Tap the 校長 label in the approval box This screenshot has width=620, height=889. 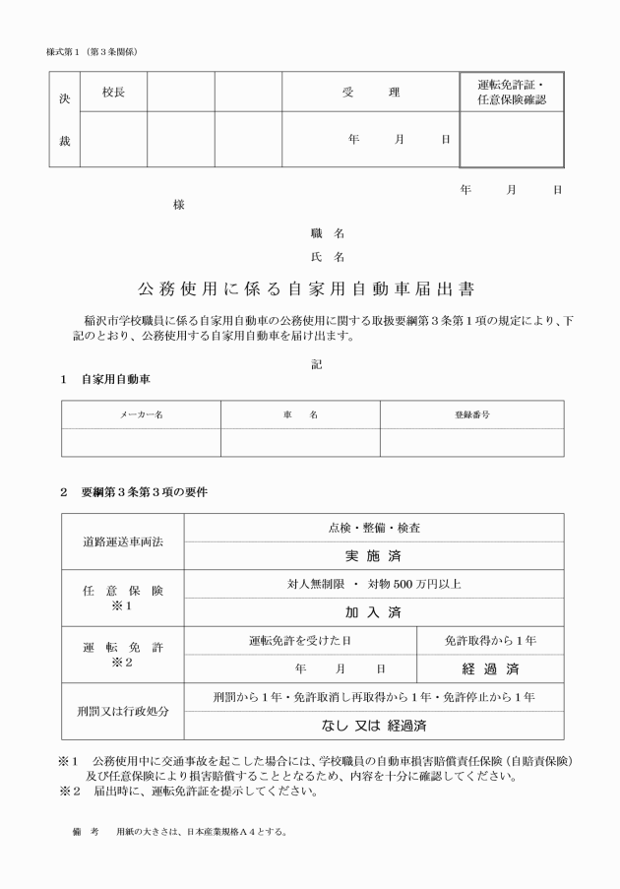113,93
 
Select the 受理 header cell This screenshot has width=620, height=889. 371,93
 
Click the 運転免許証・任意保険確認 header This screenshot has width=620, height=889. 511,93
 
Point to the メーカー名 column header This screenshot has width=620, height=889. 141,415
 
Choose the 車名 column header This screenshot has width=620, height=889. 300,415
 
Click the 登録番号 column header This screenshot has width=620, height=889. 472,415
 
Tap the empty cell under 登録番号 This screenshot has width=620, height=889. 472,442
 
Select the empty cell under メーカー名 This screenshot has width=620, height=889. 141,442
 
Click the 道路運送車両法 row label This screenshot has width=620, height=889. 123,542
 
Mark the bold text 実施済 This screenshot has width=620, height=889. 374,556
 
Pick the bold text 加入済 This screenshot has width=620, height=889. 374,612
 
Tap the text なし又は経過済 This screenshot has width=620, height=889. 374,727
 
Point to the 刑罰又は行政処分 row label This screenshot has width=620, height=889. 123,712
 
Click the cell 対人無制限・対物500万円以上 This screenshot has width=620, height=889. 374,585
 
